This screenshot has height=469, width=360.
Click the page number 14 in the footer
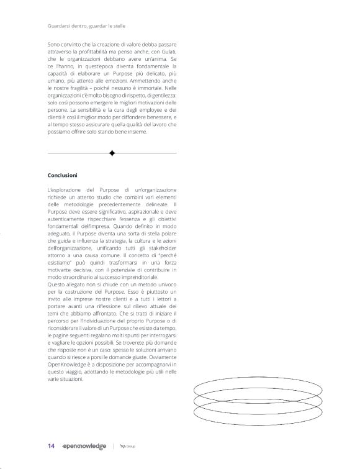(x=51, y=446)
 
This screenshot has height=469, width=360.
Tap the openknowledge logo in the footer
(x=84, y=446)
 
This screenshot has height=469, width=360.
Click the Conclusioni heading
(x=62, y=175)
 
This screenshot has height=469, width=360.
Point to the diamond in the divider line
(x=112, y=153)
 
